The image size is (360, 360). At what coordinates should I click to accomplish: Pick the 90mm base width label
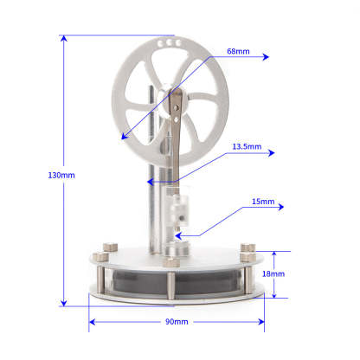[176, 321]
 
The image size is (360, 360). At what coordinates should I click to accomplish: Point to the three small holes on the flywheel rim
[172, 42]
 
